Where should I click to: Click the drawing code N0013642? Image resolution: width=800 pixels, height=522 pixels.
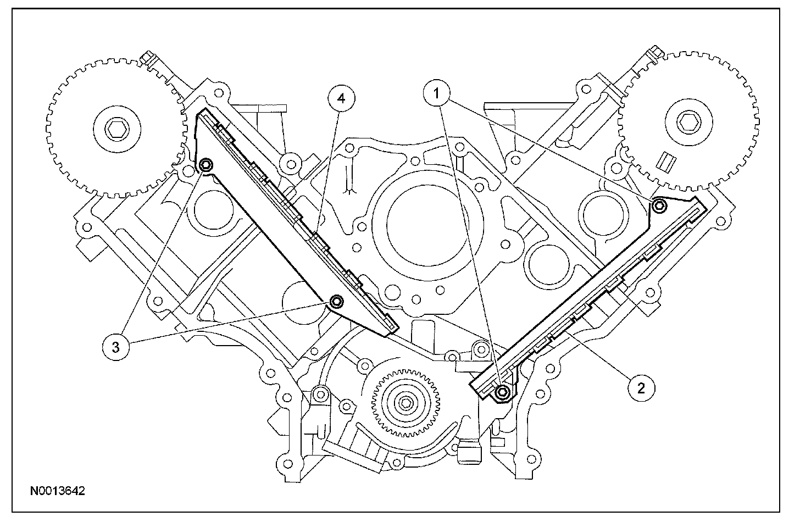point(58,490)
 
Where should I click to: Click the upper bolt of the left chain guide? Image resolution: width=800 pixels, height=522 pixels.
point(207,165)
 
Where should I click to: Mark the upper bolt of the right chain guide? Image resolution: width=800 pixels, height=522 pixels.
point(659,206)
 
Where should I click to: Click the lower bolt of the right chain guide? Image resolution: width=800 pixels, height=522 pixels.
point(502,392)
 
